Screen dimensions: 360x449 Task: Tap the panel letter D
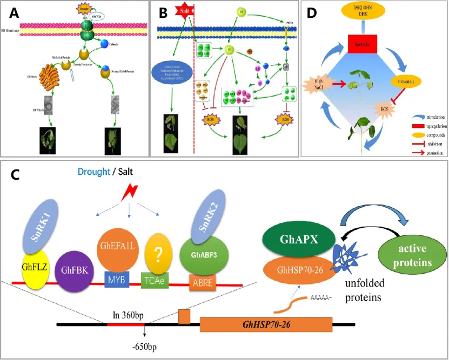pos(312,11)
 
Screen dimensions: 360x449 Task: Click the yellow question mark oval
pos(160,252)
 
